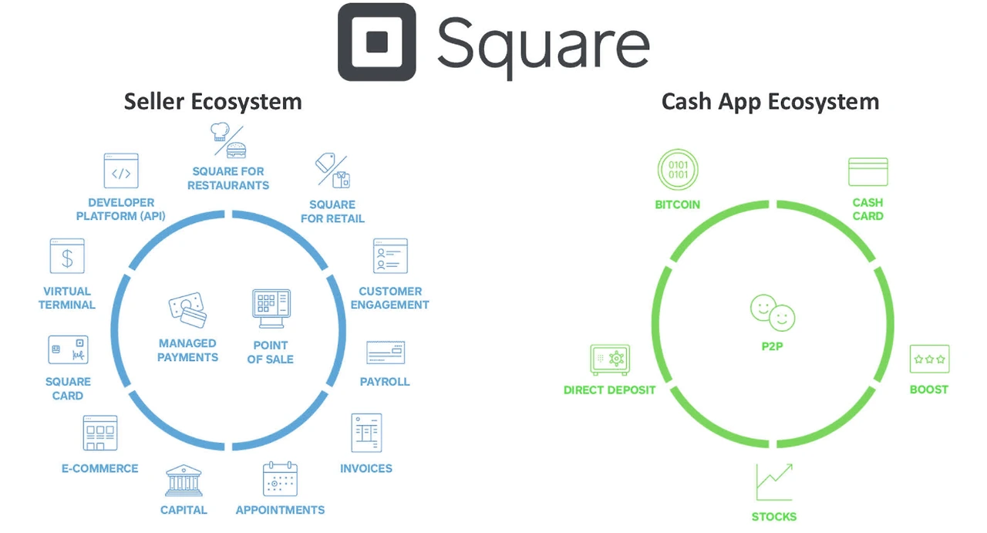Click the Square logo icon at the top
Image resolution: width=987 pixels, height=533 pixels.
[376, 43]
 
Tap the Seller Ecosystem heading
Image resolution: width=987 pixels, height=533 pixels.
[213, 102]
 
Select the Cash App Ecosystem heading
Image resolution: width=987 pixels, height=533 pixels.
[770, 102]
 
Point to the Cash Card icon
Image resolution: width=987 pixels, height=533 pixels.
[867, 172]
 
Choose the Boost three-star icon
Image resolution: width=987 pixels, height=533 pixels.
[929, 359]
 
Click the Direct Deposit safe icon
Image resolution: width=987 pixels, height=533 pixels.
[610, 360]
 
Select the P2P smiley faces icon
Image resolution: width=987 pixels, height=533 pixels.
[772, 310]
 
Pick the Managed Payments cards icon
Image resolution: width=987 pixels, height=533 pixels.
[187, 310]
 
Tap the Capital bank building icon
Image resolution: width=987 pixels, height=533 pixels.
[184, 481]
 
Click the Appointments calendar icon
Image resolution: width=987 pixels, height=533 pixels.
[280, 479]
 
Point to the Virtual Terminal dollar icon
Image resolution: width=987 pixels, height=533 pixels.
[67, 256]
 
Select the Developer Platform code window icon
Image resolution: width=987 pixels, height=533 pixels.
[121, 171]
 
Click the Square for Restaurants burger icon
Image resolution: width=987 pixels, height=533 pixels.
[228, 140]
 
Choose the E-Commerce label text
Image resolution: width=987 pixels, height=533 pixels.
[100, 468]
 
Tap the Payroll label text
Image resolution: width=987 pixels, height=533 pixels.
[385, 382]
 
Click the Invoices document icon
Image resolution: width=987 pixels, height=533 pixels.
[366, 433]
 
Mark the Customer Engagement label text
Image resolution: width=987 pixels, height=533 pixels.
[390, 298]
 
